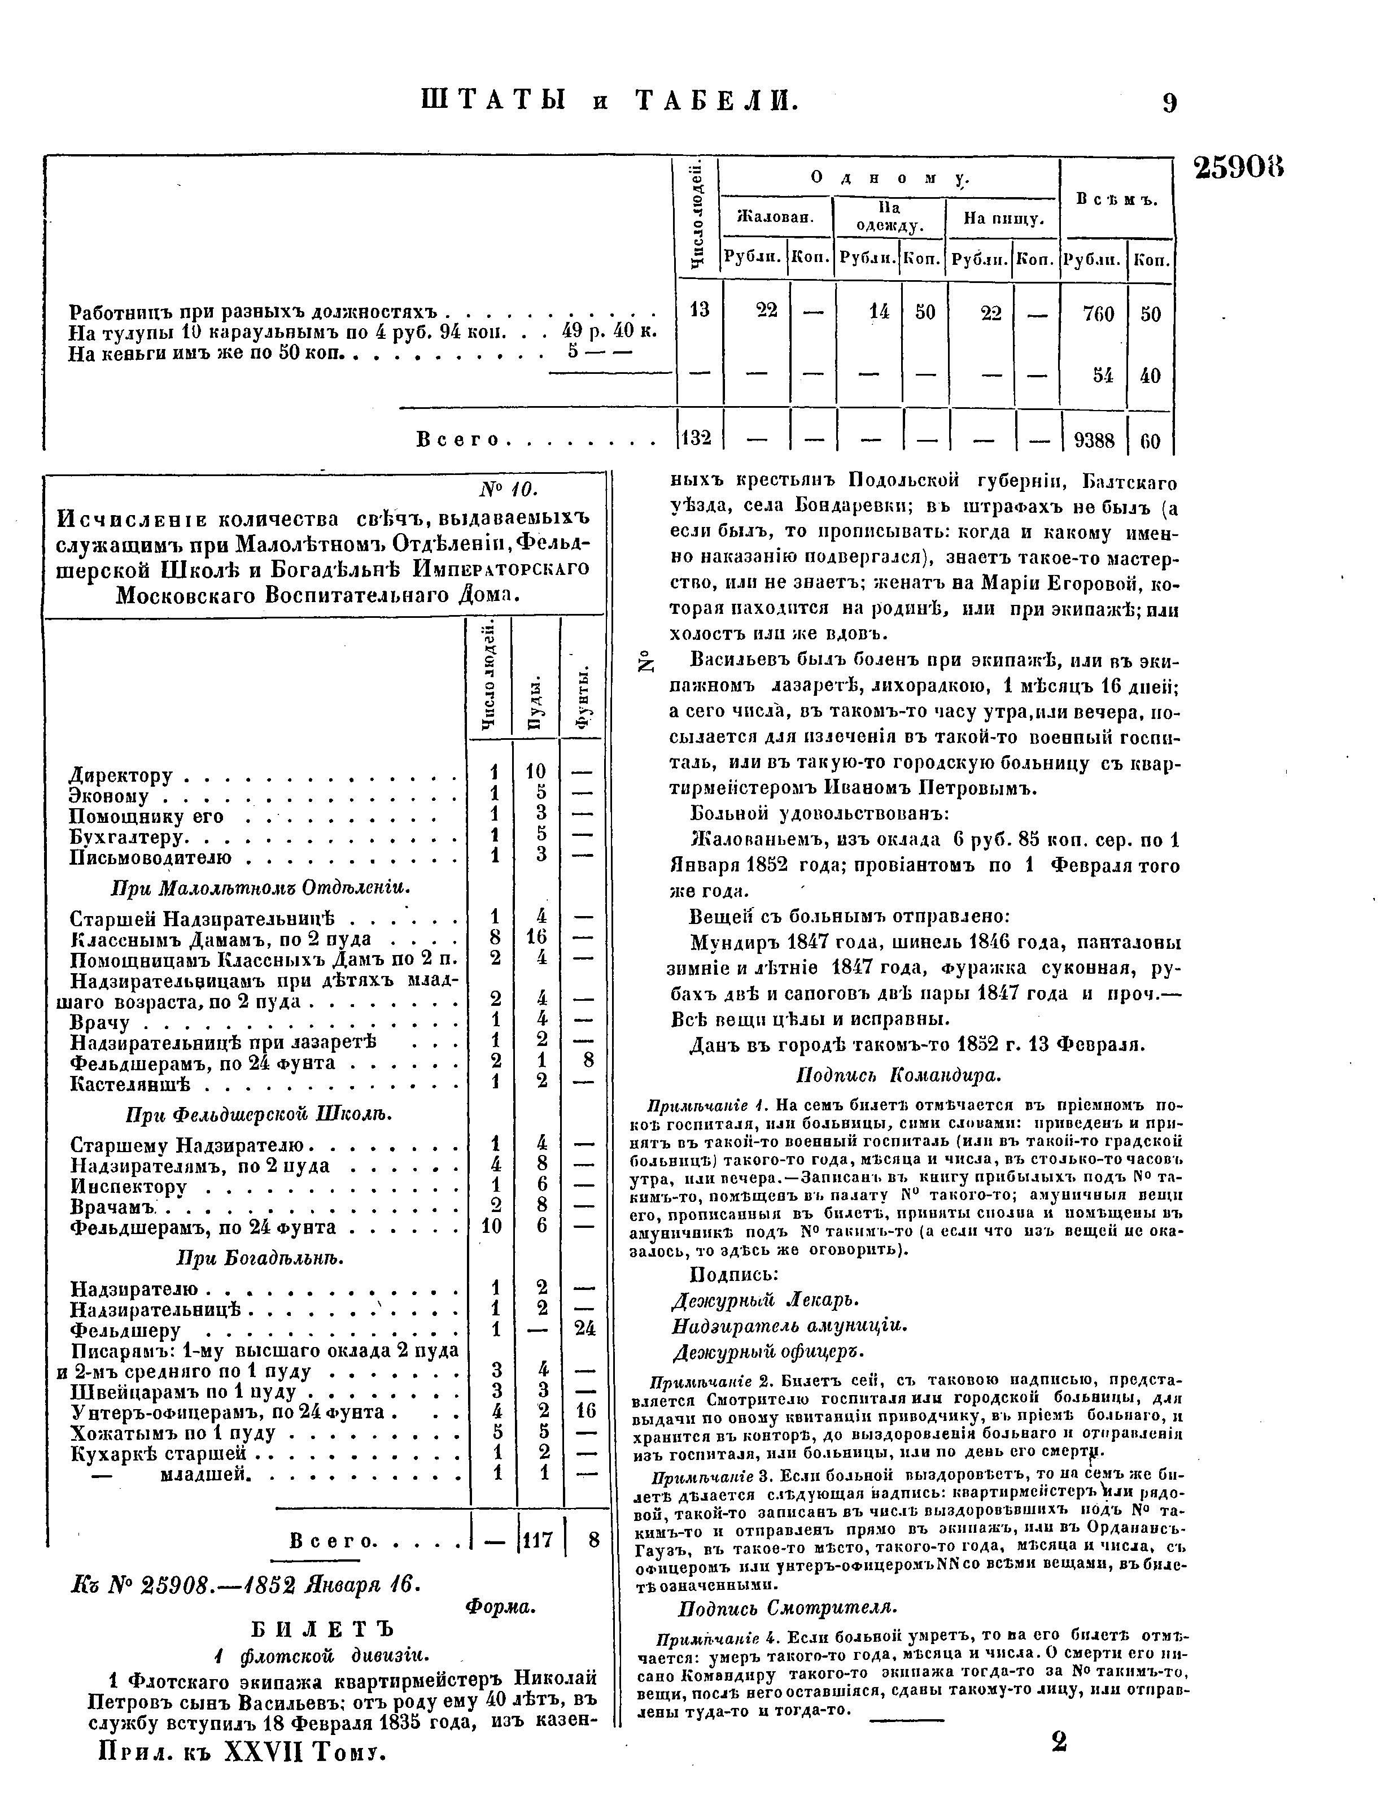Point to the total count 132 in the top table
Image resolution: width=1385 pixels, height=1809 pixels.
(x=697, y=438)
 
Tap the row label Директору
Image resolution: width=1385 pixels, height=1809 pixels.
(x=121, y=776)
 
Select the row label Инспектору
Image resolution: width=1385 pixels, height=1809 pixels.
(x=129, y=1187)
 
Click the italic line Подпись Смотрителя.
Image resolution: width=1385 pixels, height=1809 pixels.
(x=787, y=1609)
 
